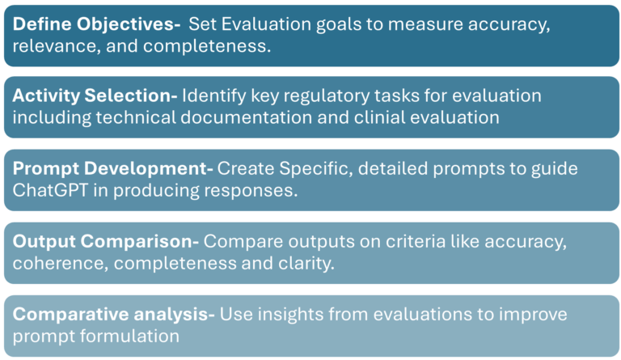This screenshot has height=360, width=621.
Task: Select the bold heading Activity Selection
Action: point(95,96)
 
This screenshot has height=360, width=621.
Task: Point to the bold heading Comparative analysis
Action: point(113,313)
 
